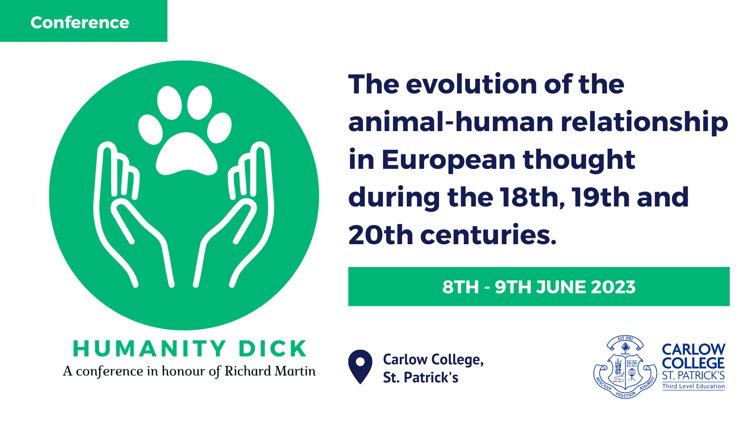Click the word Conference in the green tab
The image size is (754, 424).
pos(80,22)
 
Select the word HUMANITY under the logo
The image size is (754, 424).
pos(149,349)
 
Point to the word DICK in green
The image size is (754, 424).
pos(273,349)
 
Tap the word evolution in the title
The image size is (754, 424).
pos(471,84)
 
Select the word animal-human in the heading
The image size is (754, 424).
pos(451,122)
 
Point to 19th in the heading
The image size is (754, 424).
pos(601,197)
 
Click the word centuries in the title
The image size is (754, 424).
pos(488,235)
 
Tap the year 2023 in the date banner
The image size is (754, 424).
pos(613,287)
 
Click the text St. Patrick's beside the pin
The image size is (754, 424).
pos(421,378)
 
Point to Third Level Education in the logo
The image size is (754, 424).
pos(693,386)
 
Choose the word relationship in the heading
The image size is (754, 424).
pos(644,122)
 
